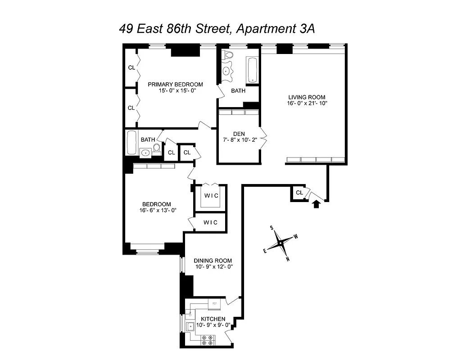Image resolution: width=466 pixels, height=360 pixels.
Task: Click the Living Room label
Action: click(x=307, y=97)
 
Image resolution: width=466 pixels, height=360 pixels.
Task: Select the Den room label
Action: click(x=239, y=133)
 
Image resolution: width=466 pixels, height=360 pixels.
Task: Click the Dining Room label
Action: click(x=213, y=261)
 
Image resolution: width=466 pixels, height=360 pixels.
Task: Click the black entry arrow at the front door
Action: click(x=317, y=204)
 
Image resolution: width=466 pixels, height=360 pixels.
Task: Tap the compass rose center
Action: click(x=280, y=243)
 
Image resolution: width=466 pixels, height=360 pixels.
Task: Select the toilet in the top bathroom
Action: click(x=228, y=56)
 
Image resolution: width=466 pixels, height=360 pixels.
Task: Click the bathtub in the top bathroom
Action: click(x=252, y=69)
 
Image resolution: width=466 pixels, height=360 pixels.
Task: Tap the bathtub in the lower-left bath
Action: click(x=131, y=143)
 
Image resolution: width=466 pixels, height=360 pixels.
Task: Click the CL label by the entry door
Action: click(x=299, y=193)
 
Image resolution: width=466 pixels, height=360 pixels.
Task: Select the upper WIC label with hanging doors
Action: click(x=210, y=195)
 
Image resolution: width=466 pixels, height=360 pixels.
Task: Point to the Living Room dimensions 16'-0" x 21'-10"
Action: click(x=307, y=103)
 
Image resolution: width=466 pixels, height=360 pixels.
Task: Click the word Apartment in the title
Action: click(x=264, y=29)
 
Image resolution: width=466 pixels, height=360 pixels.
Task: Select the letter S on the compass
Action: click(x=272, y=228)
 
